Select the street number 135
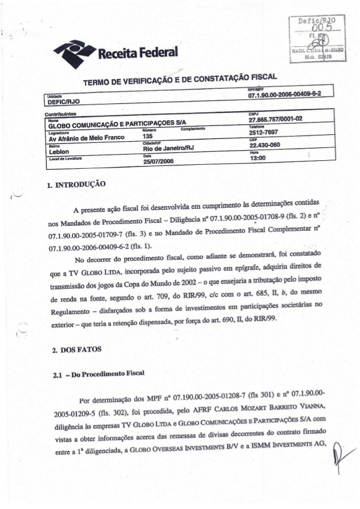[x=148, y=136]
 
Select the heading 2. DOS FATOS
[x=76, y=350]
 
